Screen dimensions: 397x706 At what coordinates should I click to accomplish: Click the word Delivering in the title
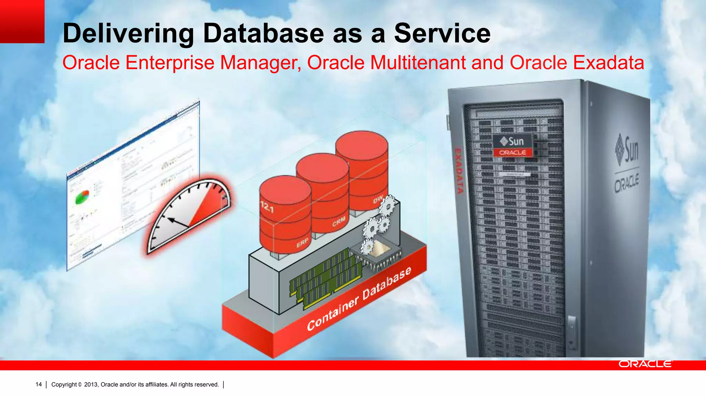(128, 33)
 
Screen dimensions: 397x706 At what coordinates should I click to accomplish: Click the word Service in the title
(442, 33)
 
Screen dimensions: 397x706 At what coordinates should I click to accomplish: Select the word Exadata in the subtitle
(608, 63)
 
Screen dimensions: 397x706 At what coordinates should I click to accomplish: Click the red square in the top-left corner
(22, 21)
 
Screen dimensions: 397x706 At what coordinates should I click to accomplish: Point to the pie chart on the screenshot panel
(82, 197)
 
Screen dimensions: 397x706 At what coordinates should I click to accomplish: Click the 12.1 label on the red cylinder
(267, 207)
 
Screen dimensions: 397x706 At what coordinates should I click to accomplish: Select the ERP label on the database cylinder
(302, 243)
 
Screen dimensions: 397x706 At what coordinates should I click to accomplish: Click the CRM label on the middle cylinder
(339, 222)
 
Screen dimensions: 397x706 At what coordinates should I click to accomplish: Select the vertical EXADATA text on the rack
(459, 171)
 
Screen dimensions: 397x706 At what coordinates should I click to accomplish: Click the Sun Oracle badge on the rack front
(513, 146)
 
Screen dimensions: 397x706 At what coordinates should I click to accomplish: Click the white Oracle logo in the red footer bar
(645, 364)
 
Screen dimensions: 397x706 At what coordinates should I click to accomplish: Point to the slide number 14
(39, 384)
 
